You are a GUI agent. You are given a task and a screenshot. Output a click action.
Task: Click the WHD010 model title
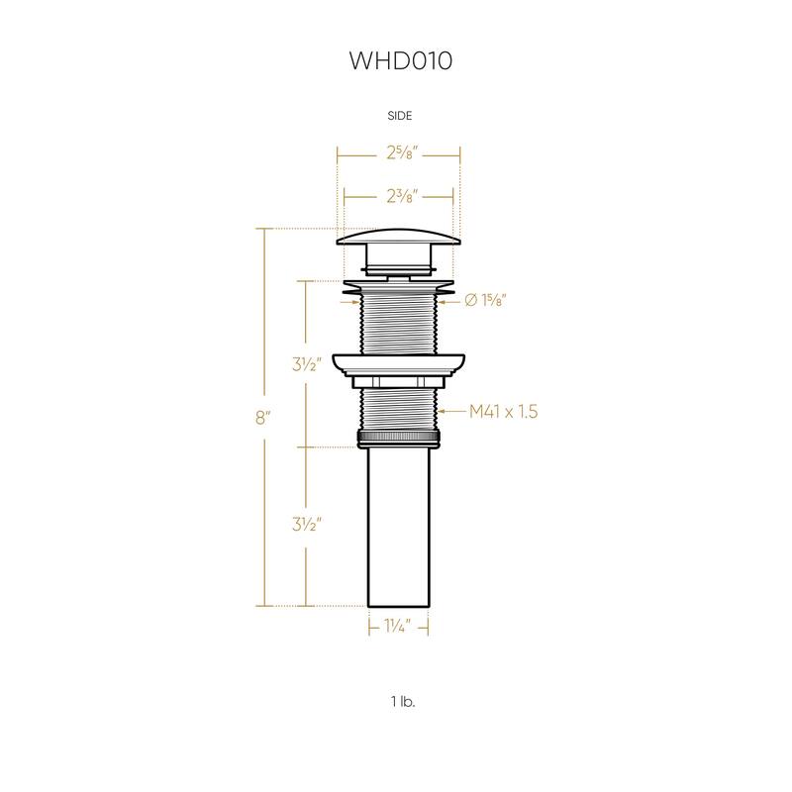click(x=401, y=60)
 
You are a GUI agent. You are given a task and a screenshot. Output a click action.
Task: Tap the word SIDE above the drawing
click(x=400, y=116)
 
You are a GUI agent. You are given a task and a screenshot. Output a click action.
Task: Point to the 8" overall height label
click(x=263, y=418)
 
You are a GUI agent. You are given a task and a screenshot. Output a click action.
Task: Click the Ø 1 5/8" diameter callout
click(x=485, y=301)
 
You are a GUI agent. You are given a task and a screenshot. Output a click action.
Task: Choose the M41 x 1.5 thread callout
click(x=503, y=412)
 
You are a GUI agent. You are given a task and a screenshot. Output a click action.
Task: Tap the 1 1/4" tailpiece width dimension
click(x=398, y=627)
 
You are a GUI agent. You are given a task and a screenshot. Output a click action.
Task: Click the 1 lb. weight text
click(x=403, y=701)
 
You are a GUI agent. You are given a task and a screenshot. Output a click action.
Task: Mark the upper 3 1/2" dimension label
click(x=307, y=363)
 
